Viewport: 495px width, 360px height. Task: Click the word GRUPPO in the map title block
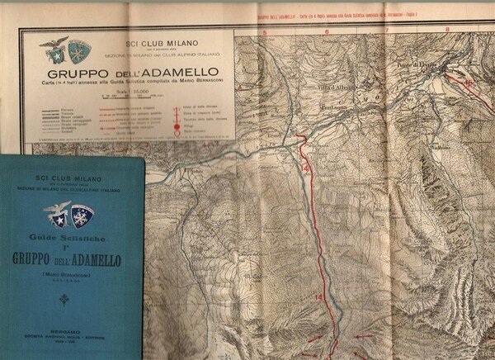tap(104, 72)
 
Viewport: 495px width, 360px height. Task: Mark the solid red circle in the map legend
tap(175, 120)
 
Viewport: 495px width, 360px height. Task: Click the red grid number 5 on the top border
tap(266, 33)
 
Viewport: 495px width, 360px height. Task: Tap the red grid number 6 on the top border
tap(327, 33)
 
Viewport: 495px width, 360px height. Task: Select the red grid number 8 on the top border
tap(446, 31)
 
